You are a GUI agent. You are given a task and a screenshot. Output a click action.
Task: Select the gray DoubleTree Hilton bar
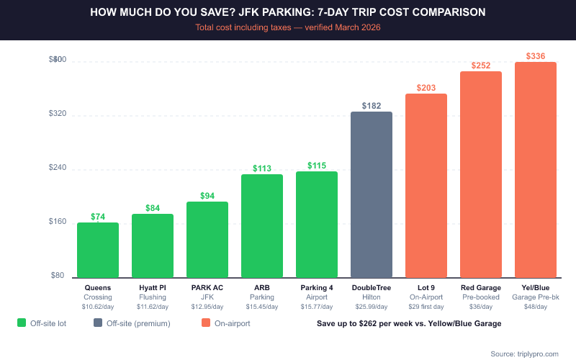372,194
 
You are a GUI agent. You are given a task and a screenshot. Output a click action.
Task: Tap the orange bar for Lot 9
426,185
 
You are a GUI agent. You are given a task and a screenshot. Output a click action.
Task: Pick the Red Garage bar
481,174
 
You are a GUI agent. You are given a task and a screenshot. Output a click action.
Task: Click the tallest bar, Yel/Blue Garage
536,169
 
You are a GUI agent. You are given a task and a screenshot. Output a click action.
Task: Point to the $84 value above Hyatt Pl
153,208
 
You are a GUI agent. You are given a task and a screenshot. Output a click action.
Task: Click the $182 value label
372,106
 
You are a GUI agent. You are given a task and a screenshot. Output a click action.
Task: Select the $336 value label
536,55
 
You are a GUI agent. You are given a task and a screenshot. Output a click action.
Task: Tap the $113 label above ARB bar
262,168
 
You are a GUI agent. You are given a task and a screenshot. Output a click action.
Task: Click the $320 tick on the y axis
56,114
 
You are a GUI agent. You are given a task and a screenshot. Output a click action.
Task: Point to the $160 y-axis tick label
56,222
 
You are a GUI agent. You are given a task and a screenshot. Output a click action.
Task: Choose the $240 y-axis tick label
56,168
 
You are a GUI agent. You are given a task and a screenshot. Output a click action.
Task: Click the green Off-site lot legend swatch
22,323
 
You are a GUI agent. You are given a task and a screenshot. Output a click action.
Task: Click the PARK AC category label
207,288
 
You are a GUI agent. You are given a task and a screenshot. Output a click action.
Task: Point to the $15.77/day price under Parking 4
317,307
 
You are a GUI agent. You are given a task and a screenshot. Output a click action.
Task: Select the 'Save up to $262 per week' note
409,323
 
